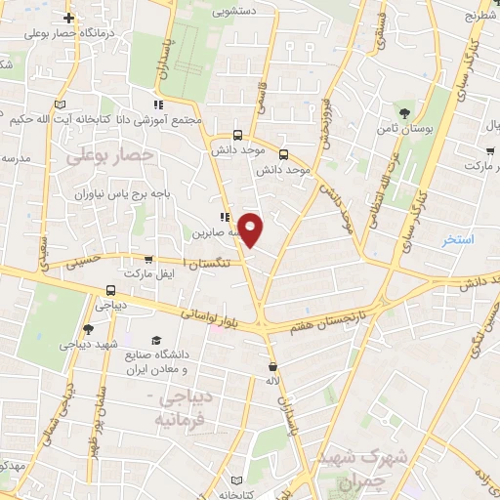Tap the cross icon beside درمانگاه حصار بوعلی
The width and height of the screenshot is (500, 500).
(68, 18)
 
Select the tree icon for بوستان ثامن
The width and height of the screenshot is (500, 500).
(400, 113)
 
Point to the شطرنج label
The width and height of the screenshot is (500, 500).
(481, 16)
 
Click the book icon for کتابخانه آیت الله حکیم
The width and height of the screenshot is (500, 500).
(61, 104)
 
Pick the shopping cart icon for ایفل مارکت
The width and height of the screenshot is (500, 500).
(147, 260)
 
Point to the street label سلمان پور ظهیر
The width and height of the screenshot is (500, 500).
(103, 396)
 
